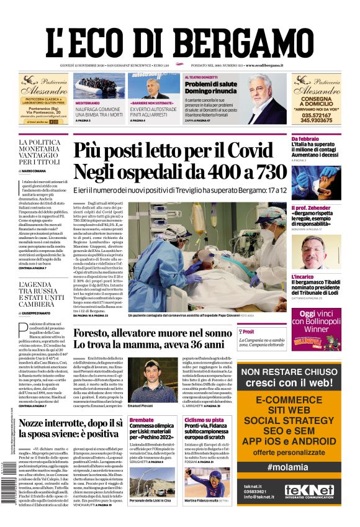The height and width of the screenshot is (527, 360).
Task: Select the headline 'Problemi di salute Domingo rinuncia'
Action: (210, 87)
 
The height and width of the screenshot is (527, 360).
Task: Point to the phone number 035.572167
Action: (317, 114)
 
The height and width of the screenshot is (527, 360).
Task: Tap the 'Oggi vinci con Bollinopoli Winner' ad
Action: (316, 330)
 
